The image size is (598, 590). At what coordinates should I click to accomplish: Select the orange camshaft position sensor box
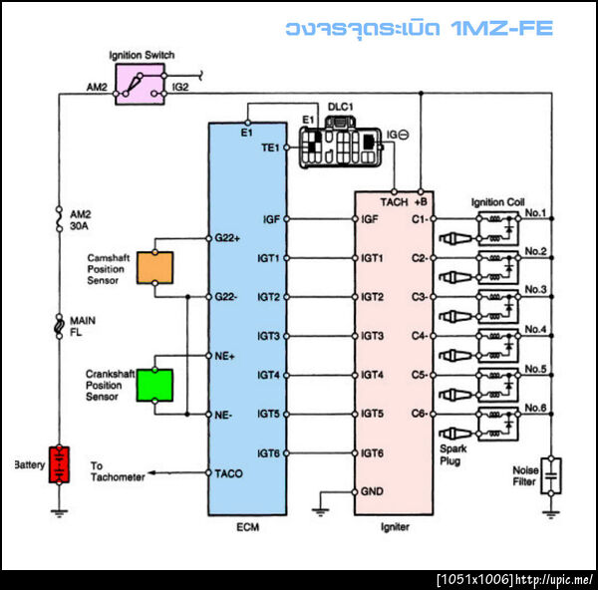pyautogui.click(x=155, y=267)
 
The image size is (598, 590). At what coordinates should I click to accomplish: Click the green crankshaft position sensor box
pyautogui.click(x=155, y=384)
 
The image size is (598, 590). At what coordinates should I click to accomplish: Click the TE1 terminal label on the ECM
pyautogui.click(x=269, y=147)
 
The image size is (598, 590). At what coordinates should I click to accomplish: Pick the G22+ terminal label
pyautogui.click(x=229, y=239)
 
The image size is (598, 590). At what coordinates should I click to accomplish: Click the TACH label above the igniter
pyautogui.click(x=395, y=201)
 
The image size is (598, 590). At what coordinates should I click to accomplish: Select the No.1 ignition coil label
pyautogui.click(x=536, y=212)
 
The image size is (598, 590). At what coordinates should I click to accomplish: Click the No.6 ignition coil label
pyautogui.click(x=536, y=407)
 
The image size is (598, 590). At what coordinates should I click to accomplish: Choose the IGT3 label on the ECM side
pyautogui.click(x=270, y=336)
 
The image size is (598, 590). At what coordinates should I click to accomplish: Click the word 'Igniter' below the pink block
pyautogui.click(x=394, y=527)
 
